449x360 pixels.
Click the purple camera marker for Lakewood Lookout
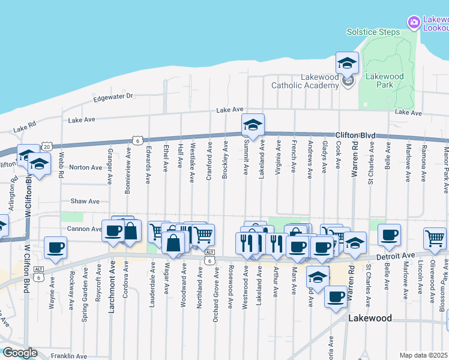[414, 23]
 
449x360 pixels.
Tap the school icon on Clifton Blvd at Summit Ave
[253, 124]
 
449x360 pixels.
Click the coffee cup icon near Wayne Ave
[56, 247]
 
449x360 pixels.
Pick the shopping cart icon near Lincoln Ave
[435, 238]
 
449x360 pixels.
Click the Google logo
[19, 353]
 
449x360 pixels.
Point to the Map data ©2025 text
[424, 355]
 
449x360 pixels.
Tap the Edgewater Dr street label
[112, 96]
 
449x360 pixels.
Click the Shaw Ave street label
[85, 202]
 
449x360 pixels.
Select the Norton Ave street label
[86, 167]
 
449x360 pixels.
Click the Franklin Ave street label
[69, 355]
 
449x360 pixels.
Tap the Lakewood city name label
[370, 319]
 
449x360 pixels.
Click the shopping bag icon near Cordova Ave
[131, 231]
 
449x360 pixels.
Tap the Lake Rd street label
[25, 128]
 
